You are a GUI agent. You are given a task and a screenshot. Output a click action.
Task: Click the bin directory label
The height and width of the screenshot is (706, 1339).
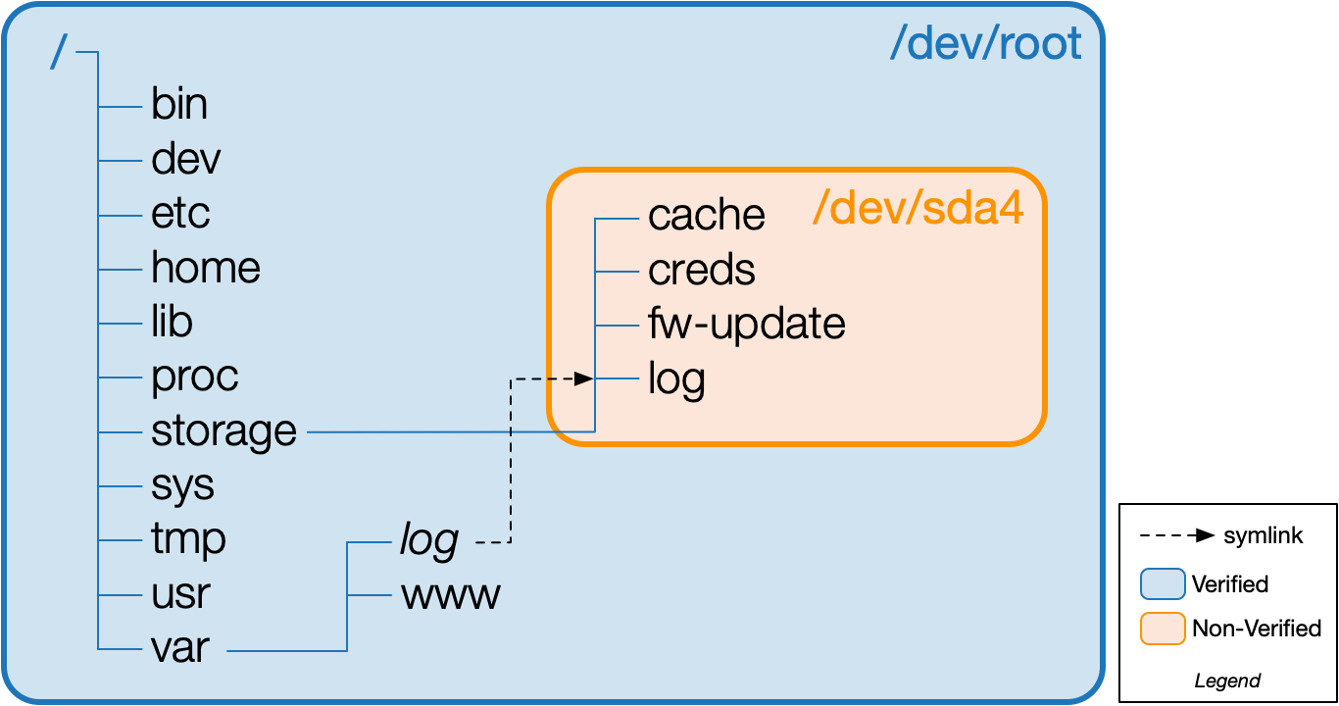(x=179, y=104)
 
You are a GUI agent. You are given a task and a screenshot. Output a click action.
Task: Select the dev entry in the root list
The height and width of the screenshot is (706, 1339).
(x=186, y=159)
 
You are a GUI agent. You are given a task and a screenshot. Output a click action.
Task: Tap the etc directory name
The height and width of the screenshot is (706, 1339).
(x=181, y=214)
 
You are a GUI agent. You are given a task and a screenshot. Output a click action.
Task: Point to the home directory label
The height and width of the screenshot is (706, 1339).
(x=206, y=268)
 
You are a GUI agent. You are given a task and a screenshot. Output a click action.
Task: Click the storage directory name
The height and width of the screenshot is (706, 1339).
(x=223, y=431)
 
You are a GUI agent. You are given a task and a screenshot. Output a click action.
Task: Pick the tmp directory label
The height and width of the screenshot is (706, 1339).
(x=188, y=539)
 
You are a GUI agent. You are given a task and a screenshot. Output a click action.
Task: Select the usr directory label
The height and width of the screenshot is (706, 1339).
(x=180, y=593)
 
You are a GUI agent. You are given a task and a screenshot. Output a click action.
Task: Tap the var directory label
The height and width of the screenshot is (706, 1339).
(x=180, y=648)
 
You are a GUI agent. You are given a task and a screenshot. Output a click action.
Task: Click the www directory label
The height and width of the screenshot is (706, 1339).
(x=451, y=595)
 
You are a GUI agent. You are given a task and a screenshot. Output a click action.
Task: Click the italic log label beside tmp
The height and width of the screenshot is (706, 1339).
(x=429, y=540)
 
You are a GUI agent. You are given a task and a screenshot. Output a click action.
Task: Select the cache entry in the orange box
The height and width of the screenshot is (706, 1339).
(x=707, y=216)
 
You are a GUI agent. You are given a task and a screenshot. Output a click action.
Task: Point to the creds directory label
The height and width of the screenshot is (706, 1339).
(x=702, y=270)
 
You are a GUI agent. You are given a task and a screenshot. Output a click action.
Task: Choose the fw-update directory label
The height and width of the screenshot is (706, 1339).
(x=747, y=324)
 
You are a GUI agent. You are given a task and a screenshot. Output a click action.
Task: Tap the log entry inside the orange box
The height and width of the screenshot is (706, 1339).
(x=677, y=379)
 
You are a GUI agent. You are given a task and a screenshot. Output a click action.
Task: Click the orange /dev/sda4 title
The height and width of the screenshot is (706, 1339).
(x=918, y=209)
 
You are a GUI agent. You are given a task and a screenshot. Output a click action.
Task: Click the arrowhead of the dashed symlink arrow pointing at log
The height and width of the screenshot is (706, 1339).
(x=585, y=378)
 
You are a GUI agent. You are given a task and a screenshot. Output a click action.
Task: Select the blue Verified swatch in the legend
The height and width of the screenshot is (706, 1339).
(x=1164, y=584)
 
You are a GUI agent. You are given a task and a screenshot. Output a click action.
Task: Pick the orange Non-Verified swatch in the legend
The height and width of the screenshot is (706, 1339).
(x=1164, y=629)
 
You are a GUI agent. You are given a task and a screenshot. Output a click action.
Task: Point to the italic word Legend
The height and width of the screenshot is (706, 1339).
(x=1227, y=681)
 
